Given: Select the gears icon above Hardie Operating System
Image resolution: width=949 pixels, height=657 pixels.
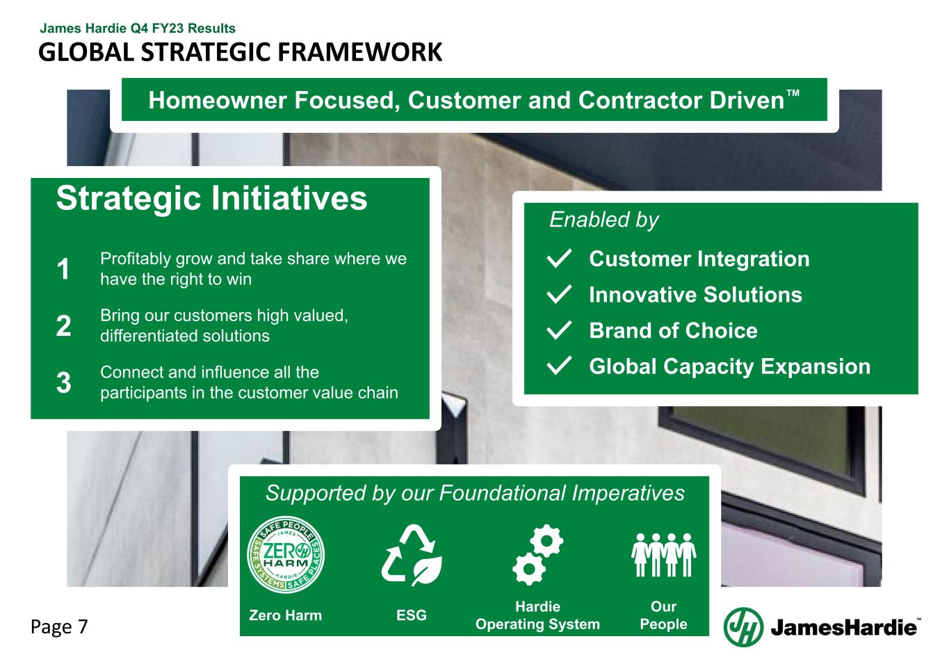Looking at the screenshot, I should (x=537, y=556).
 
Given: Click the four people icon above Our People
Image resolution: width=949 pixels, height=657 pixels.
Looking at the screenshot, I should (x=663, y=554).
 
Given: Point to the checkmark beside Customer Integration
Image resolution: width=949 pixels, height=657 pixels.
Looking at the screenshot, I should (x=560, y=259).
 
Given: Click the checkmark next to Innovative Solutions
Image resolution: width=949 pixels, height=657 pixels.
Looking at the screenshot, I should (x=560, y=295).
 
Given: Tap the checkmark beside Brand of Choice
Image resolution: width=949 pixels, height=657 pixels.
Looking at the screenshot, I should (x=560, y=331).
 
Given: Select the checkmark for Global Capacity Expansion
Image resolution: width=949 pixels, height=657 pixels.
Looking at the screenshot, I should (x=560, y=366).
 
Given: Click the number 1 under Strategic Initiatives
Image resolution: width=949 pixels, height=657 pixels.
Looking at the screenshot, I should (x=63, y=270).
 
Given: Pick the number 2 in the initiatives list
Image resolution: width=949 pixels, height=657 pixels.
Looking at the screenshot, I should (x=63, y=326).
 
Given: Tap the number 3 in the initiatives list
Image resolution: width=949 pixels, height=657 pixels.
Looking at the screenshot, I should (x=63, y=383).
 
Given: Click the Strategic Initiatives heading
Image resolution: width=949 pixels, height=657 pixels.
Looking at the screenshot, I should (x=211, y=198).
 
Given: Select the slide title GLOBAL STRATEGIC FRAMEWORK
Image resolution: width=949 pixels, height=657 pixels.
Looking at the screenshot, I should (x=240, y=52).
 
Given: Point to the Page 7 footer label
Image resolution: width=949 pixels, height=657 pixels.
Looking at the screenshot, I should (x=59, y=627).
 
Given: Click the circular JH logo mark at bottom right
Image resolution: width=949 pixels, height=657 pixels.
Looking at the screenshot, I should (x=743, y=626).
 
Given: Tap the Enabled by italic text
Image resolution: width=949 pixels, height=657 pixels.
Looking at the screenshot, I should (x=603, y=220).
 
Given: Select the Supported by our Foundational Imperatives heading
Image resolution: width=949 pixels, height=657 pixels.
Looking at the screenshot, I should (x=475, y=494).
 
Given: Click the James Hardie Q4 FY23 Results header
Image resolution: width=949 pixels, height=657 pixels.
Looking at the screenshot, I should (x=138, y=29).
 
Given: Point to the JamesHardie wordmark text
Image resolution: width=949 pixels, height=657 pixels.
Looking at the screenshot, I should (x=843, y=628).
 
